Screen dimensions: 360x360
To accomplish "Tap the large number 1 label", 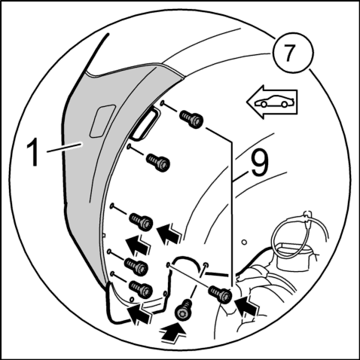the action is (34, 153).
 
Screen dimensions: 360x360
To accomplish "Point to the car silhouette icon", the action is (273, 102).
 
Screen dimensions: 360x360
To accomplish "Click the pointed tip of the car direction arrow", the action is (247, 102).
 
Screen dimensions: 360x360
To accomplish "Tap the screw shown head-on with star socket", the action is (183, 310).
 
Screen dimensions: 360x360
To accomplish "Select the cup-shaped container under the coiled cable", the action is (293, 256).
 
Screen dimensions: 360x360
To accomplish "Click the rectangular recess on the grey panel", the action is (102, 121).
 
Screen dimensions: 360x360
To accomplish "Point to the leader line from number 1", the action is (65, 147).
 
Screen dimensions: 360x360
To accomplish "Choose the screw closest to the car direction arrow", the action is (191, 119).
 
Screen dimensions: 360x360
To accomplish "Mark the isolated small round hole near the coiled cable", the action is (244, 243).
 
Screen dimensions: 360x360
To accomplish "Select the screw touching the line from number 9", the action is (220, 294).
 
